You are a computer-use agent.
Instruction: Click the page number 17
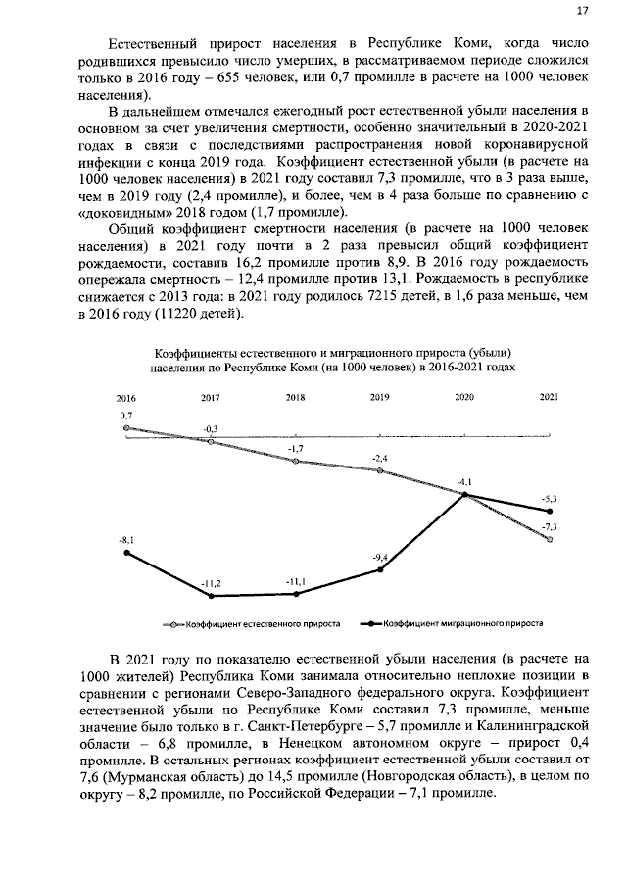(x=582, y=11)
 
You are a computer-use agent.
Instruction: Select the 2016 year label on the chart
(x=125, y=398)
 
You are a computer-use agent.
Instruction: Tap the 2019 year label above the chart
(x=379, y=398)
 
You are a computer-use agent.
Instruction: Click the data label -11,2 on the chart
(x=211, y=584)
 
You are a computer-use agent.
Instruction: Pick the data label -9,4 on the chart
(x=381, y=558)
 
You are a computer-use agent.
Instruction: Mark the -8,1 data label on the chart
(x=126, y=540)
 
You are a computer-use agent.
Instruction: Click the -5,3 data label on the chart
(x=550, y=499)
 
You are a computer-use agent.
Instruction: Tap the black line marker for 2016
(x=126, y=553)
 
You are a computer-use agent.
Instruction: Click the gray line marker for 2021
(x=550, y=539)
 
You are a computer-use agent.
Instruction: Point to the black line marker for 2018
(x=296, y=594)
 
